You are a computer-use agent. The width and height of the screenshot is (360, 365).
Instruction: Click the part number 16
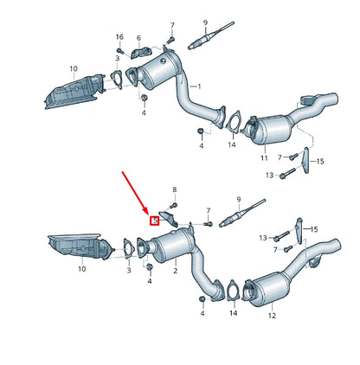coord(119,37)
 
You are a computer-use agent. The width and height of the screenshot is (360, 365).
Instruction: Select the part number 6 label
coord(138,38)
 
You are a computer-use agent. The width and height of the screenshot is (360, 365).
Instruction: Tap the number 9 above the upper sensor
coord(204,21)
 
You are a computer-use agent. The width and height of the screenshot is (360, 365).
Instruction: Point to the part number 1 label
coord(198,86)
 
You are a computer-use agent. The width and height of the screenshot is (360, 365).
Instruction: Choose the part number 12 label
coord(272,317)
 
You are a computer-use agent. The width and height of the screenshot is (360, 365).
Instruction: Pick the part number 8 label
coord(174,189)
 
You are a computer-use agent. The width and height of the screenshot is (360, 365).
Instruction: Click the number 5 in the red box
coord(155,221)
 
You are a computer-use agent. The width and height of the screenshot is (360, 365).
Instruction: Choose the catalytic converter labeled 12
coord(265,290)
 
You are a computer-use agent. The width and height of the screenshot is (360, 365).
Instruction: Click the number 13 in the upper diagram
coord(269,176)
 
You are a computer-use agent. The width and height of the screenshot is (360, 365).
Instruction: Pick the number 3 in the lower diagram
coord(128,271)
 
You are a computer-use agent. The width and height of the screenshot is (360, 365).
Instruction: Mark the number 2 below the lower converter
coord(175,271)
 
